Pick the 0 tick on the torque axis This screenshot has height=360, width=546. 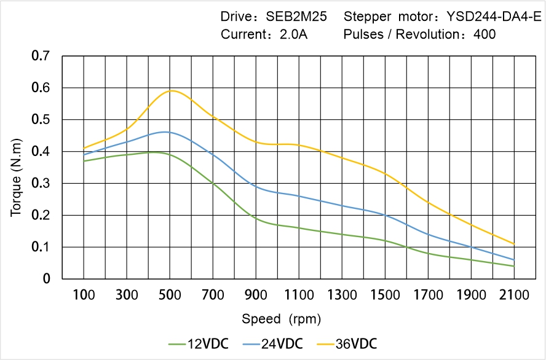(x=47, y=279)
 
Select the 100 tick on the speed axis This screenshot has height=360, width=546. (x=84, y=295)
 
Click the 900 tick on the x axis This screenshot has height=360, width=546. (x=256, y=295)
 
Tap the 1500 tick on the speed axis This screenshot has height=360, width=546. (x=385, y=295)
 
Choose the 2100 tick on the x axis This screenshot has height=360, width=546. (x=514, y=295)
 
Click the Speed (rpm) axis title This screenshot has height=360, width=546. (x=281, y=319)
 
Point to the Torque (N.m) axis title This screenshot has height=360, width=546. (x=17, y=184)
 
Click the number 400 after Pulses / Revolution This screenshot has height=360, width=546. (x=485, y=34)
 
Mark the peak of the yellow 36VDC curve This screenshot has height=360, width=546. (x=172, y=90)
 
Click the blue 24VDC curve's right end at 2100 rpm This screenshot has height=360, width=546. (x=513, y=260)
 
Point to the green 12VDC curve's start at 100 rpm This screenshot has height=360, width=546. (x=84, y=161)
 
